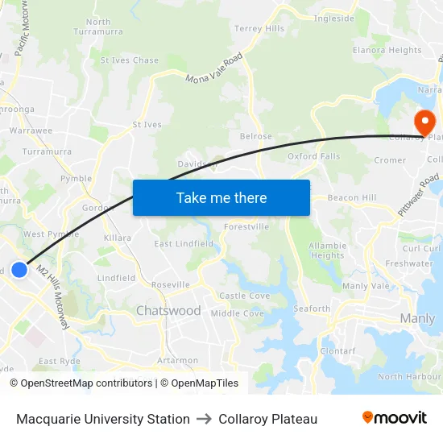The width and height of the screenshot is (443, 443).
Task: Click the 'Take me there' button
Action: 221,197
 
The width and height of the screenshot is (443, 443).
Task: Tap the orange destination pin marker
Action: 424,122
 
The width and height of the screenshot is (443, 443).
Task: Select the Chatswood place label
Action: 168,311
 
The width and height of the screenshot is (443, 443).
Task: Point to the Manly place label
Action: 417,319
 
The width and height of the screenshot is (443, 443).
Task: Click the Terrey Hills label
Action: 259,29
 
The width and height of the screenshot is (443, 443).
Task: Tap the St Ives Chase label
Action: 129,60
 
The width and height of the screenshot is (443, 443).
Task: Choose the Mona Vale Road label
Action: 214,69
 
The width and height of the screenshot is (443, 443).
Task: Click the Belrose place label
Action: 256,137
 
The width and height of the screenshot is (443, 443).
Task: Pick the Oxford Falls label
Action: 313,156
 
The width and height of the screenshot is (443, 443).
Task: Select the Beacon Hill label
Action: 352,197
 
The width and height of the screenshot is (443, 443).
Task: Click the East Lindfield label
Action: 184,244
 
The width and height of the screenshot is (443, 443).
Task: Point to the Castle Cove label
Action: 245,296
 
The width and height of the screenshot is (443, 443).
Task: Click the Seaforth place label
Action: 312,308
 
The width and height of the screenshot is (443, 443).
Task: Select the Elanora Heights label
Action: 387,50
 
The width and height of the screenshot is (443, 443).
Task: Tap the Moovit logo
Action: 395,417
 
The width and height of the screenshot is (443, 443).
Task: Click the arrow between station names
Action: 204,419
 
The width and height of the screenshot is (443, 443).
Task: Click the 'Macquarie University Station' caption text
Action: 103,419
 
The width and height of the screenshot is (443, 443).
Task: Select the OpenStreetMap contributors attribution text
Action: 81,383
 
